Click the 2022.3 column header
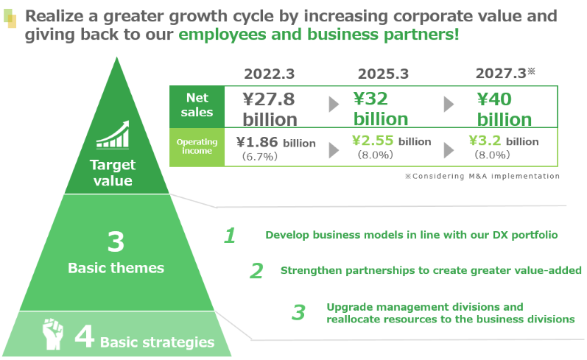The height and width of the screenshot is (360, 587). [x=269, y=74]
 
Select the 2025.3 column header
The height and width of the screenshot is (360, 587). [x=383, y=74]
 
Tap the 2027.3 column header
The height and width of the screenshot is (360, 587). [x=505, y=73]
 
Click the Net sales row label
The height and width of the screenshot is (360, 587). [x=197, y=105]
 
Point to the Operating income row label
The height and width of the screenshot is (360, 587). [x=197, y=147]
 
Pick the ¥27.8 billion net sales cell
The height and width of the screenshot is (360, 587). [x=270, y=109]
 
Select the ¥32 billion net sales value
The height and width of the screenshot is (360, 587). [x=381, y=108]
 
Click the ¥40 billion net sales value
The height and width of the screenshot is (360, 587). [x=505, y=109]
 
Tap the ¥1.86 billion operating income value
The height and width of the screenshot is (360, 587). [x=276, y=143]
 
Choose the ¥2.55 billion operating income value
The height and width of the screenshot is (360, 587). [x=392, y=141]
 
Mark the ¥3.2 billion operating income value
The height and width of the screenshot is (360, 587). [x=504, y=141]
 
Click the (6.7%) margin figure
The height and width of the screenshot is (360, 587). [x=260, y=156]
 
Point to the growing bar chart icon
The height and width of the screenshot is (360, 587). [x=113, y=135]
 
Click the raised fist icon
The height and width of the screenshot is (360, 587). [x=52, y=333]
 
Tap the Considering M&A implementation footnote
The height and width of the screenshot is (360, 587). [x=482, y=176]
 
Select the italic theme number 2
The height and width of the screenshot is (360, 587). [x=256, y=271]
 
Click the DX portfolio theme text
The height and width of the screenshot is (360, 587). [x=412, y=235]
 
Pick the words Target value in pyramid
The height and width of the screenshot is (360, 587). [x=113, y=172]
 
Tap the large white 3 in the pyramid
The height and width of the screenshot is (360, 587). [x=116, y=241]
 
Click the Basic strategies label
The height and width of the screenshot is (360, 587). [x=157, y=342]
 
